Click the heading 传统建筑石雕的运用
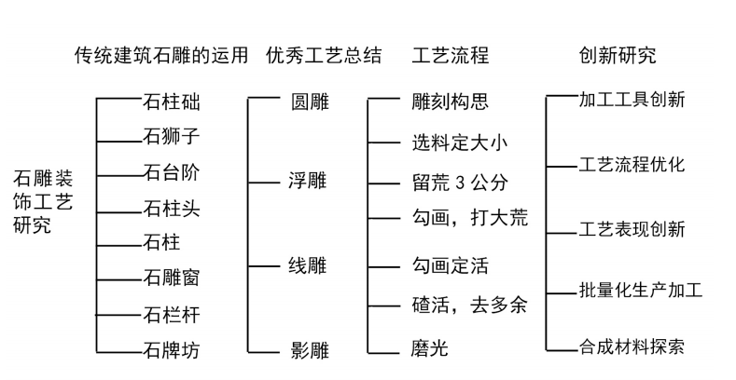click(x=161, y=55)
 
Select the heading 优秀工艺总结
click(x=324, y=55)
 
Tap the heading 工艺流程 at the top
click(x=451, y=55)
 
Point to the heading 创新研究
click(x=618, y=55)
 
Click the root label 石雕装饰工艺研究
click(x=43, y=201)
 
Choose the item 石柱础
click(x=172, y=102)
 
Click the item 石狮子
click(x=172, y=136)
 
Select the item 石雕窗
click(x=172, y=278)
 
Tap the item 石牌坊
click(x=172, y=350)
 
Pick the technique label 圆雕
click(x=310, y=102)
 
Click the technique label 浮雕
click(x=308, y=181)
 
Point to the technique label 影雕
click(x=310, y=350)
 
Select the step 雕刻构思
click(x=451, y=102)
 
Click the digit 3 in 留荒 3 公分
click(x=459, y=183)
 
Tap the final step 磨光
click(x=429, y=348)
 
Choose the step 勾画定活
click(x=451, y=265)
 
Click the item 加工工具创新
click(x=632, y=100)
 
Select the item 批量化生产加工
click(x=641, y=290)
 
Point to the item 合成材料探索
click(x=632, y=346)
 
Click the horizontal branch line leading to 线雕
click(x=264, y=266)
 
